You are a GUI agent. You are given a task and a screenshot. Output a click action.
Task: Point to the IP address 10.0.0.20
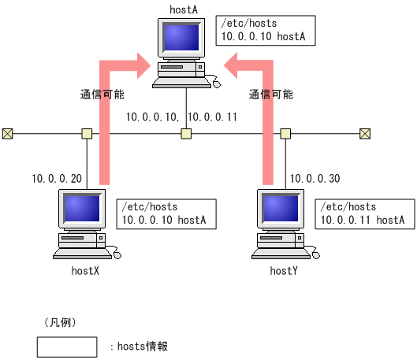point(57,179)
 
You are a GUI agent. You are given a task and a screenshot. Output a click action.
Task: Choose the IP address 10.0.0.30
point(315,179)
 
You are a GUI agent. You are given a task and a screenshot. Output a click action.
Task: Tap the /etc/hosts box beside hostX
point(164,213)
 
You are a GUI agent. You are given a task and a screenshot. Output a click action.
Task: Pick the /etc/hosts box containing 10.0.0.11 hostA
point(363,213)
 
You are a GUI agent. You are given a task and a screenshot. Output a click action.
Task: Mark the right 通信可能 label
point(271,94)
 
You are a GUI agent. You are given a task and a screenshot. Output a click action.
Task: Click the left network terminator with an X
point(7,133)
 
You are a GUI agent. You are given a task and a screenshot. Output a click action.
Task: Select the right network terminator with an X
point(364,133)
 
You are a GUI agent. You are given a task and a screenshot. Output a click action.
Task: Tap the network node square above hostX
point(86,133)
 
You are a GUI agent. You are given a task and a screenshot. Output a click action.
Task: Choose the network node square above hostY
point(285,133)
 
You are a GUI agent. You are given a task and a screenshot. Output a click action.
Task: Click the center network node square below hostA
point(185,133)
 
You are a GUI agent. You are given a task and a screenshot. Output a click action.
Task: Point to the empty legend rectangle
point(67,347)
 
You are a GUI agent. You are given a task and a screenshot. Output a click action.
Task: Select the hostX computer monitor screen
point(80,208)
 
